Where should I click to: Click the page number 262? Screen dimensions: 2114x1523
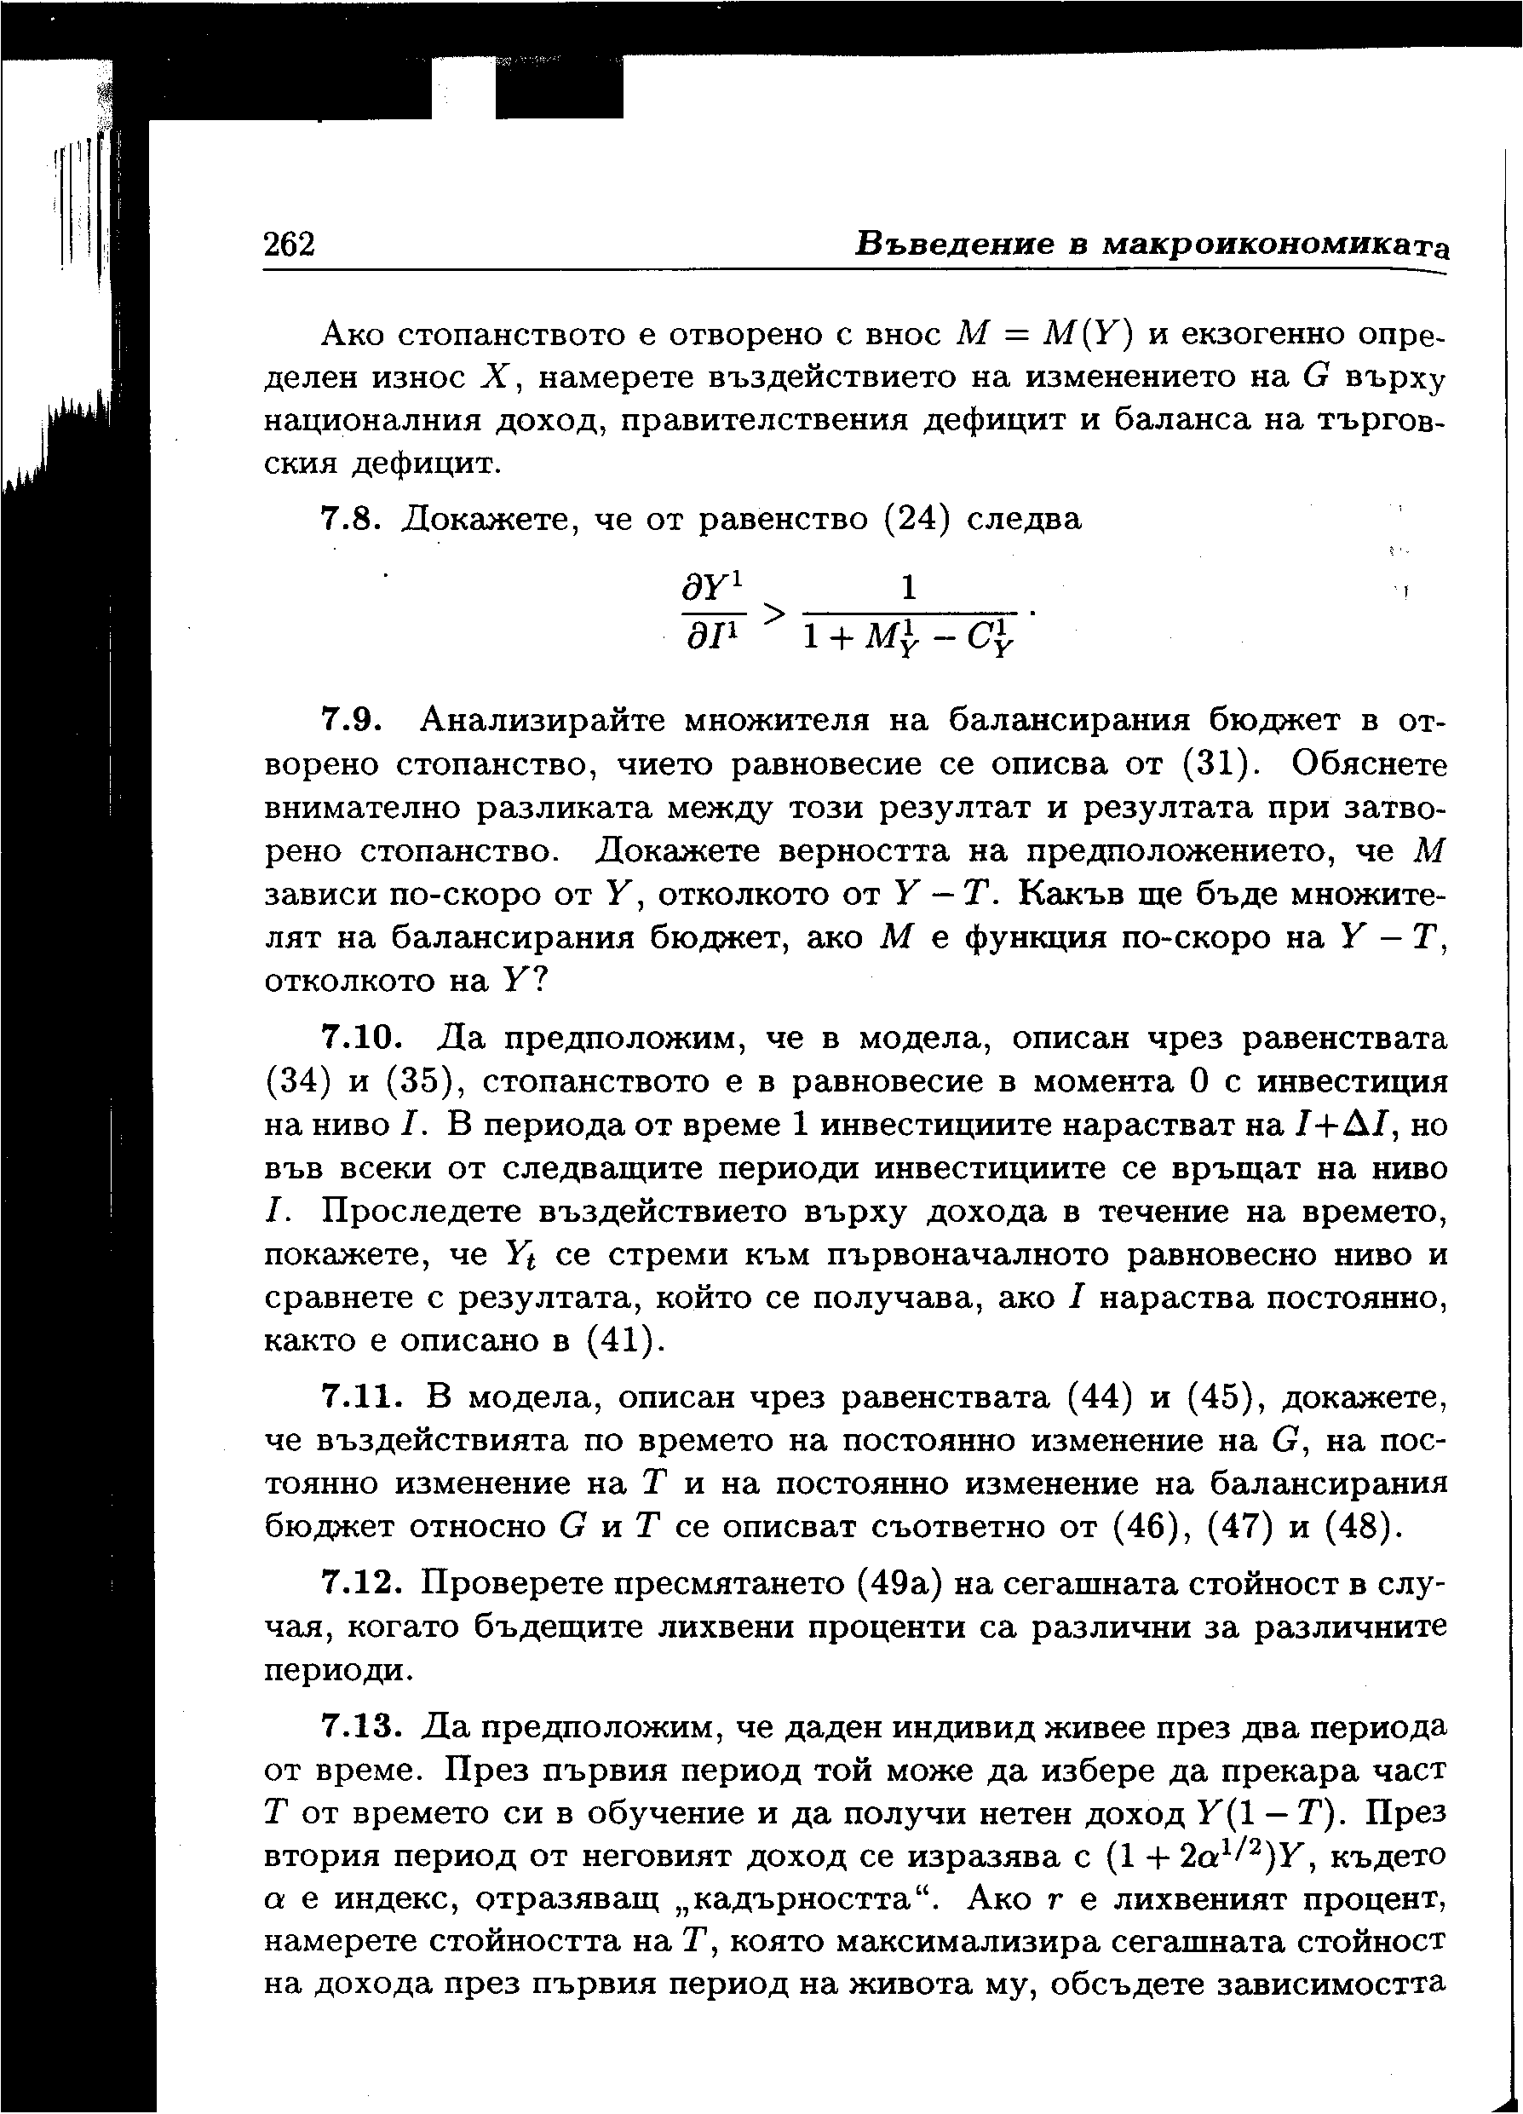click(x=290, y=244)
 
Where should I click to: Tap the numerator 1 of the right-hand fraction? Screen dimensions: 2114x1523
click(x=909, y=588)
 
